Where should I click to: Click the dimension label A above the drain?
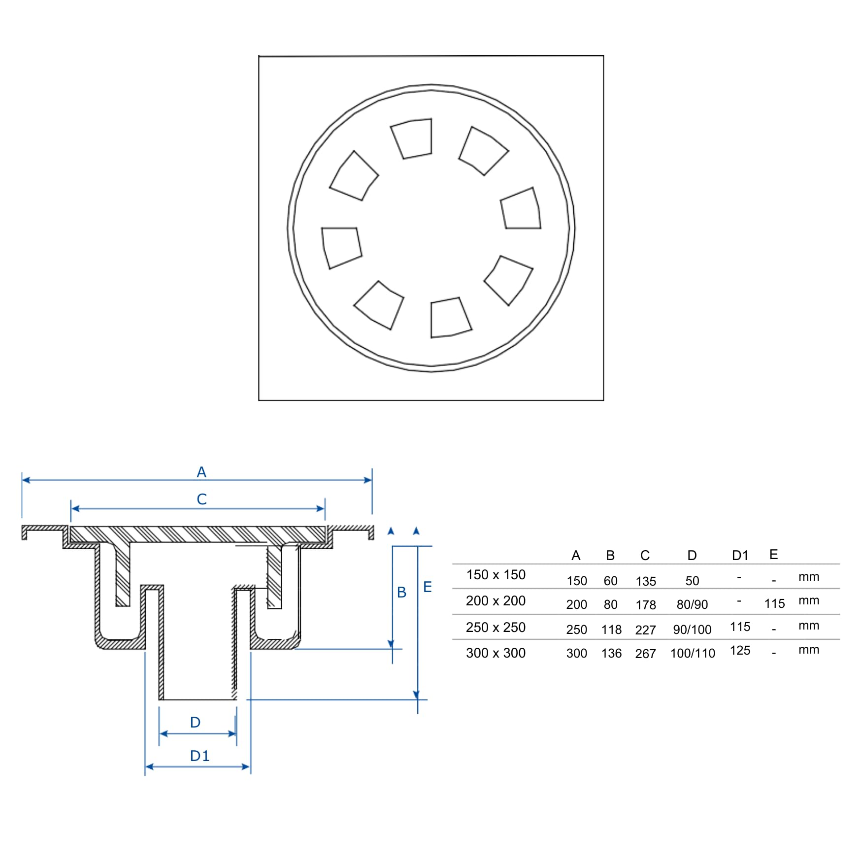pyautogui.click(x=201, y=472)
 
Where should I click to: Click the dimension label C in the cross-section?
pyautogui.click(x=201, y=499)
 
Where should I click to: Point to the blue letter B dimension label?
pyautogui.click(x=401, y=592)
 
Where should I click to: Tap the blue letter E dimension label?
pyautogui.click(x=427, y=587)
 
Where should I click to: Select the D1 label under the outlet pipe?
pyautogui.click(x=199, y=756)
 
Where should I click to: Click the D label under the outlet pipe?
pyautogui.click(x=195, y=722)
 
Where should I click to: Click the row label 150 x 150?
pyautogui.click(x=496, y=575)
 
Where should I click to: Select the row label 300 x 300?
pyautogui.click(x=496, y=653)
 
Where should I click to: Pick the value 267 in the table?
pyautogui.click(x=645, y=654)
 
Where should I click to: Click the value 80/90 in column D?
pyautogui.click(x=692, y=604)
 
